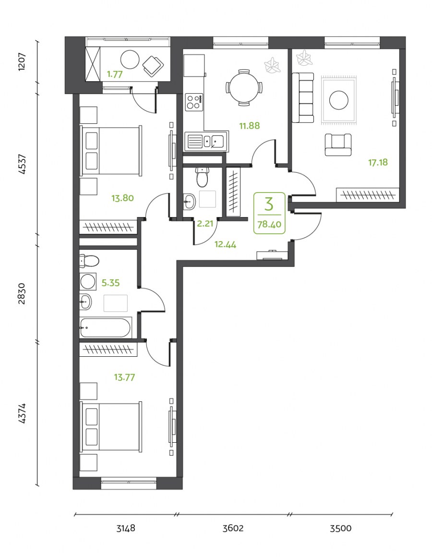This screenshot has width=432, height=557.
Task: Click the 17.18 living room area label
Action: coord(378,163)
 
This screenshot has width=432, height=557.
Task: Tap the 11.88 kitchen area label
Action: coord(249,126)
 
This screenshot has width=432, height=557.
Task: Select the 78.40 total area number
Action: coord(269,225)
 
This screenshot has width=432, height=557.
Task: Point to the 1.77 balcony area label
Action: coord(115,74)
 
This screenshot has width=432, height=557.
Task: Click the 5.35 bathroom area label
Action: coord(110,283)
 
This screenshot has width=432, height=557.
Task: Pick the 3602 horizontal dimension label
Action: coord(233,528)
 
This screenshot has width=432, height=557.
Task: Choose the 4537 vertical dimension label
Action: coord(22,164)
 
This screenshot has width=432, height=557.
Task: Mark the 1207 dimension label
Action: coord(22,62)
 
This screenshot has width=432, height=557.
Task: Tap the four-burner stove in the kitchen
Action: coord(194,102)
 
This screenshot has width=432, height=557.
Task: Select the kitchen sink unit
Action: coord(206,141)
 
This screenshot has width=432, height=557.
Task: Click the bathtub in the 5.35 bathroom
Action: coord(105,327)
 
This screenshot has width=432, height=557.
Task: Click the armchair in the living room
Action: coord(338,145)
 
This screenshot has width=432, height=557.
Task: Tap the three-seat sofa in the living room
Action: coord(303,97)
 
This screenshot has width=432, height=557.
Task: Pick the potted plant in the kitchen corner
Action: coord(272,66)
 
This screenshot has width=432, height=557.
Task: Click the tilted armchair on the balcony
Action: coord(153,66)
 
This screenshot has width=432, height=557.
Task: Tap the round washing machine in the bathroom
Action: coord(88,282)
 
